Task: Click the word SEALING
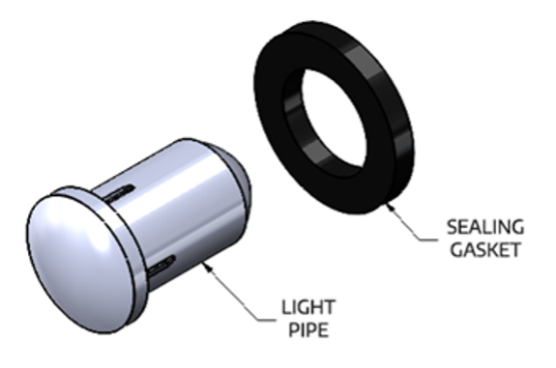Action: click(484, 228)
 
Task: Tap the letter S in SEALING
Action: click(451, 228)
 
